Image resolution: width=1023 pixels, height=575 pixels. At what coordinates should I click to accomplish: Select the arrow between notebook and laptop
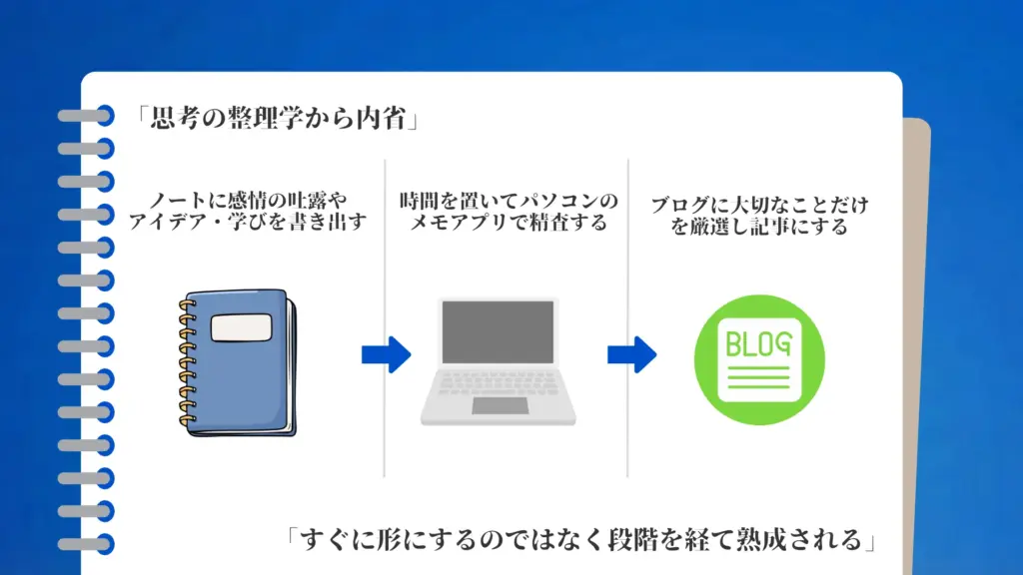click(x=386, y=352)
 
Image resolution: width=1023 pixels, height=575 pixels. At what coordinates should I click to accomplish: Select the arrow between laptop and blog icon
click(x=631, y=353)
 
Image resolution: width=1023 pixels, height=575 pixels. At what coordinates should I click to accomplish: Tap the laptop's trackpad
click(x=500, y=405)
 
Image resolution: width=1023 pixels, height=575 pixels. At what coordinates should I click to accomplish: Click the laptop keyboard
click(x=499, y=383)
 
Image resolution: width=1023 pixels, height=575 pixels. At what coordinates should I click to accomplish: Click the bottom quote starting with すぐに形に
click(x=579, y=540)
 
